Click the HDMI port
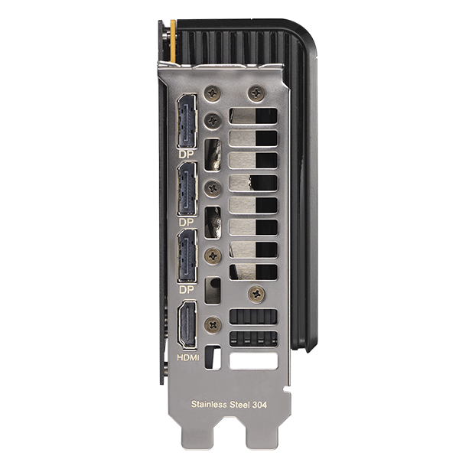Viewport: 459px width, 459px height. [187, 325]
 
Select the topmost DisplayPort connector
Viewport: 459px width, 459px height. [187, 121]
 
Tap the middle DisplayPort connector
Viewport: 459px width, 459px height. [187, 189]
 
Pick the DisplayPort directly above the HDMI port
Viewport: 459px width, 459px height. [187, 256]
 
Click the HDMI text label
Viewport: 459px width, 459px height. [188, 357]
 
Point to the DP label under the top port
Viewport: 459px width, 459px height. [186, 155]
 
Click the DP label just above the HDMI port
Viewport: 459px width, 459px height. [186, 290]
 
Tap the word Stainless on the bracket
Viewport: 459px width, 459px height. [209, 405]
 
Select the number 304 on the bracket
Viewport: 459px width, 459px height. [259, 405]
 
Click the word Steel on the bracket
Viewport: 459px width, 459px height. [239, 405]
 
